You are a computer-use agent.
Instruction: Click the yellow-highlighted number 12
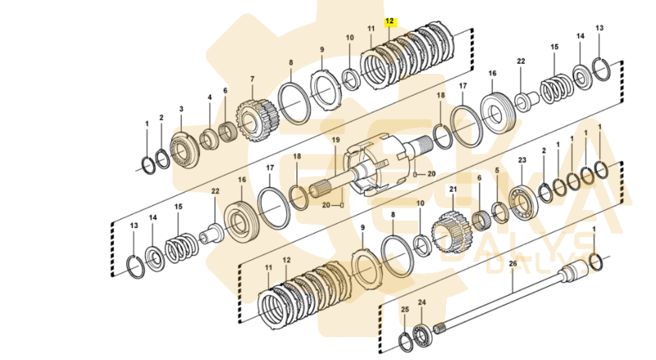tap(389, 21)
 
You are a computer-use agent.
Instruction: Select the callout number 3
tap(181, 108)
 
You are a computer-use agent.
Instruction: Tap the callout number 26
tap(513, 263)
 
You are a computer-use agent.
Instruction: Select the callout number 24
tap(422, 303)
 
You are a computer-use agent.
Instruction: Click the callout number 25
tap(404, 309)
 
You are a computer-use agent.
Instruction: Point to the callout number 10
tap(349, 38)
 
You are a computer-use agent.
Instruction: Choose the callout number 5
tap(496, 171)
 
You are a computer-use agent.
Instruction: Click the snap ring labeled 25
tap(405, 340)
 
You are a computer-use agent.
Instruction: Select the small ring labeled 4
tap(209, 134)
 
